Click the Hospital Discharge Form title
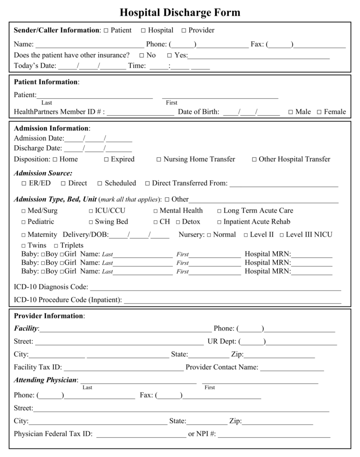pos(180,12)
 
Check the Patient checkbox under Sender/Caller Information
pos(106,31)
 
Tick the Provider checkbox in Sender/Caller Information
pos(184,31)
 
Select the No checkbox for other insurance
pos(142,56)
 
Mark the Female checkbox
pos(319,112)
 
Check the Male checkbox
pos(291,112)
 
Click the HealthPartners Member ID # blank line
pos(140,112)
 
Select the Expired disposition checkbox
pos(106,160)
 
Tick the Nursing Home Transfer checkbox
pos(159,160)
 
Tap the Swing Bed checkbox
pos(91,222)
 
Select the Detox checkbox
pos(178,222)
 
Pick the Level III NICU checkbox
pos(282,235)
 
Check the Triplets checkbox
pos(56,246)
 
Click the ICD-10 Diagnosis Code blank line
pos(215,287)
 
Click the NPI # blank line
pos(274,435)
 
